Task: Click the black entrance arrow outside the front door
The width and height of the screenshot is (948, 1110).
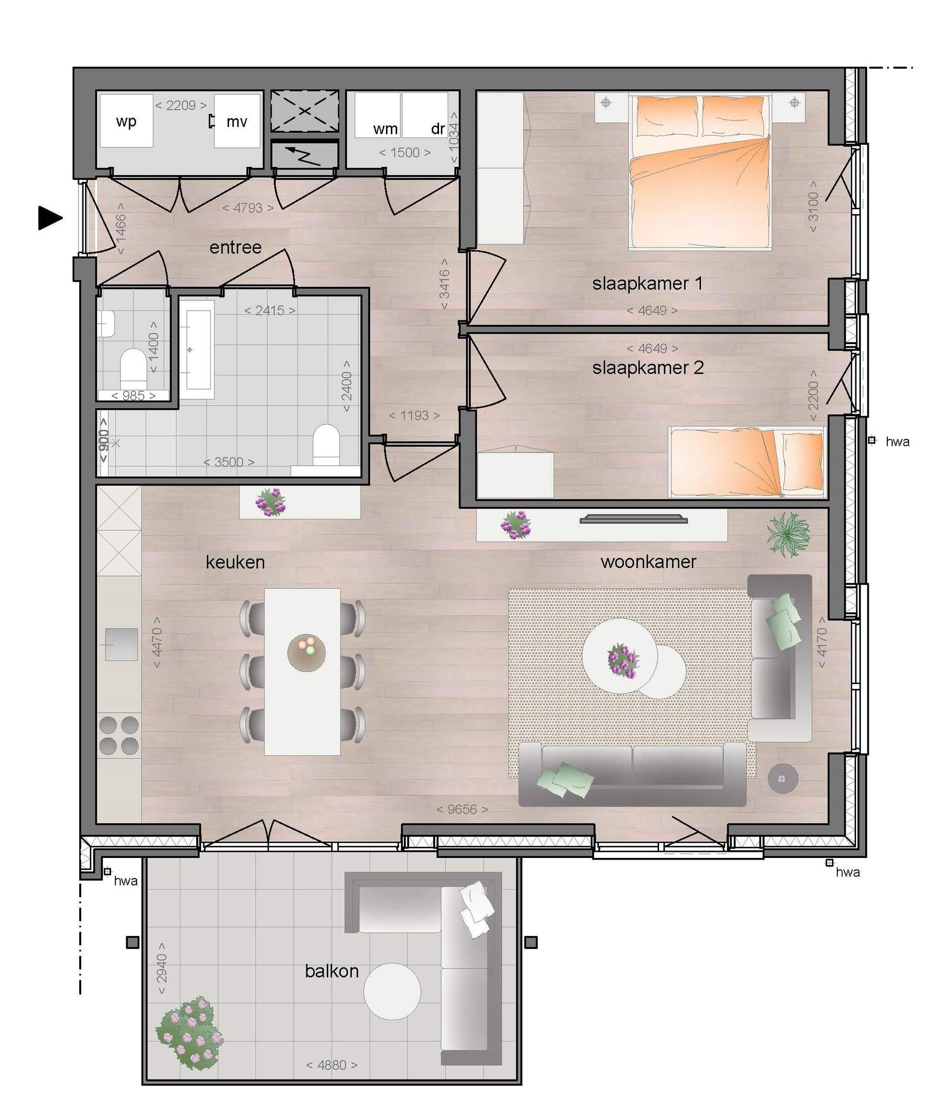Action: click(x=50, y=218)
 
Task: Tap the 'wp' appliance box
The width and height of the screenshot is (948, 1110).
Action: click(x=126, y=120)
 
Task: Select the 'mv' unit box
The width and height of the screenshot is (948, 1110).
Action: click(x=237, y=120)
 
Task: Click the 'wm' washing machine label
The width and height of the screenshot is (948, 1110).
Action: click(x=385, y=129)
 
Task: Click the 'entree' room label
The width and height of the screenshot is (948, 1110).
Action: click(x=235, y=247)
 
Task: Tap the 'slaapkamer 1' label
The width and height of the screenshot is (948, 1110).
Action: click(x=647, y=283)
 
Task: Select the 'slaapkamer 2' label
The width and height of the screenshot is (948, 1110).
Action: click(x=648, y=367)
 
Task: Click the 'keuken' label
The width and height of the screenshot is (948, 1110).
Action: click(x=235, y=562)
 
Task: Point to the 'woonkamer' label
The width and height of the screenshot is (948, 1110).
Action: click(x=648, y=562)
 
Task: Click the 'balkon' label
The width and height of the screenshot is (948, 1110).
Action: click(x=332, y=971)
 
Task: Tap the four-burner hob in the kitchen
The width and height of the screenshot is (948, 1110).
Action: click(x=119, y=736)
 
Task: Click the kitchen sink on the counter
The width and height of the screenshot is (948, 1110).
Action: click(x=121, y=644)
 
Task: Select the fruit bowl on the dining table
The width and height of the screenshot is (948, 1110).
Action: click(x=306, y=653)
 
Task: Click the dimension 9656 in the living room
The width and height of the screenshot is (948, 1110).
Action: click(x=462, y=809)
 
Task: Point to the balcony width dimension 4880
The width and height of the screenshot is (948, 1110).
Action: click(x=332, y=1065)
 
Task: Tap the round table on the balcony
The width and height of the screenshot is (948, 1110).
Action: click(x=392, y=992)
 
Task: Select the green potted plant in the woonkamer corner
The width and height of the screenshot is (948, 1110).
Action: click(x=789, y=534)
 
